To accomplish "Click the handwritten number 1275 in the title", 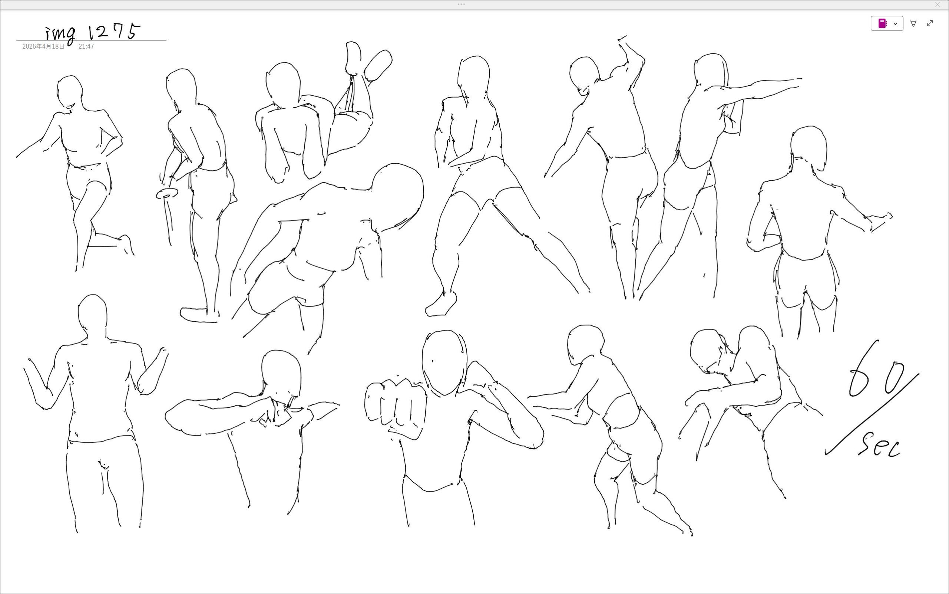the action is [114, 32].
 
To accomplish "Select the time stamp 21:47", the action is [86, 46].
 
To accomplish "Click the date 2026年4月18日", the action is [43, 46].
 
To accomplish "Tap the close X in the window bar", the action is [937, 5].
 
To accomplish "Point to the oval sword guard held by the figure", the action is [167, 193].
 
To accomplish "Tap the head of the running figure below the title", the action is [70, 92].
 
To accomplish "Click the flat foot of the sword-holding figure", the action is [199, 315].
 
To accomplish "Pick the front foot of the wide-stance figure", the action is [441, 305].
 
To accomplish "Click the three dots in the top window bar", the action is [461, 4].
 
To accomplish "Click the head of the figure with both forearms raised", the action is [93, 316].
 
